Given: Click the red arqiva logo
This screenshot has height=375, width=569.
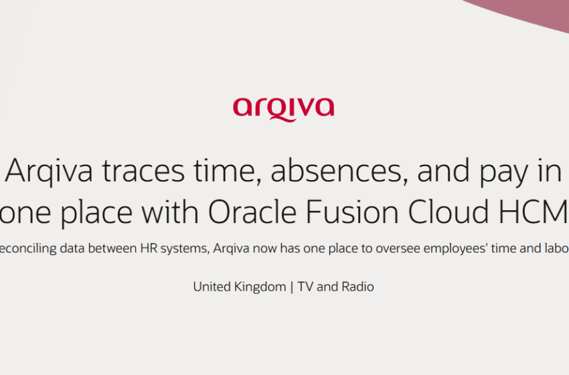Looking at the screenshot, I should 283,107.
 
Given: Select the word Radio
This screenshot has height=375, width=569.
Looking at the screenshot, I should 357,287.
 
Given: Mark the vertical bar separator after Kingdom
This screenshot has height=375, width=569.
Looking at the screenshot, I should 291,287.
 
